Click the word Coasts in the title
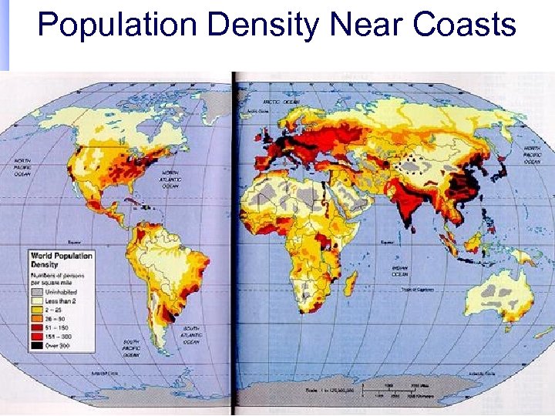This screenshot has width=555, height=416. click(x=464, y=25)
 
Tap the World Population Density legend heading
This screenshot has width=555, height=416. click(x=62, y=260)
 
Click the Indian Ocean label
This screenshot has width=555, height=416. click(x=399, y=270)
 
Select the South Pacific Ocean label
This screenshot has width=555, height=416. click(x=130, y=347)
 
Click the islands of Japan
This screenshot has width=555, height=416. click(x=503, y=165)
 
